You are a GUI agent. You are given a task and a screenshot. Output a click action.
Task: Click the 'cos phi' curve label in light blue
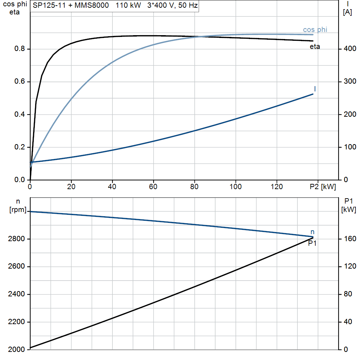tap(315, 30)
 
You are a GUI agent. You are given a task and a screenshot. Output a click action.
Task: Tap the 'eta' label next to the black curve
tap(315, 47)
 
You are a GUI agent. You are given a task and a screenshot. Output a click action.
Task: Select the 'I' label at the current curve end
tap(315, 89)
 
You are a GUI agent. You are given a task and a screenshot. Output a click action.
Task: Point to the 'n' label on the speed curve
tap(312, 232)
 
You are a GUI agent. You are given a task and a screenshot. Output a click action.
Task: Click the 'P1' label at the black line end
tap(312, 243)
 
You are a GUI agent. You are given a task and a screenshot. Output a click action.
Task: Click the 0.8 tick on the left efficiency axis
tap(20, 49)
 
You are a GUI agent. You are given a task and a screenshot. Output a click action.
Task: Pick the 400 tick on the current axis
tap(350, 49)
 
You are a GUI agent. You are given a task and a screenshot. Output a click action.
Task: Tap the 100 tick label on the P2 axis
tap(236, 187)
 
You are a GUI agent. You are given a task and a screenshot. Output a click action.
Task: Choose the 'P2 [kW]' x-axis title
tap(323, 187)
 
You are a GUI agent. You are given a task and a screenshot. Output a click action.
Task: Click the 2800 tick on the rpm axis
tap(16, 239)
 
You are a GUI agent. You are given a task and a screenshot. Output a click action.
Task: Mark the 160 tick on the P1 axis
tap(350, 239)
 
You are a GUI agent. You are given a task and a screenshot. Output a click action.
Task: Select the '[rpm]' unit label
tap(18, 210)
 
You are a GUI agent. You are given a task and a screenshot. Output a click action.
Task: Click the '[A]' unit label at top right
tap(347, 12)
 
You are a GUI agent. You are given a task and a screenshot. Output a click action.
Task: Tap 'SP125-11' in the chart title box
tap(49, 5)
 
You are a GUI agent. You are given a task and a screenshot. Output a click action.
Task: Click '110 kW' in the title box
tap(128, 5)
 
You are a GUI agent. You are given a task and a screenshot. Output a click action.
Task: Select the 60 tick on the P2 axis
tap(153, 187)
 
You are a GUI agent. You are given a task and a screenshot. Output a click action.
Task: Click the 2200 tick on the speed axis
tap(16, 322)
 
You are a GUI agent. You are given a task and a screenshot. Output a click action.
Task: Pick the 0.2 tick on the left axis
tap(20, 147)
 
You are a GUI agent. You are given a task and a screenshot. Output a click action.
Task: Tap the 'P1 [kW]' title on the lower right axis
tap(348, 205)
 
